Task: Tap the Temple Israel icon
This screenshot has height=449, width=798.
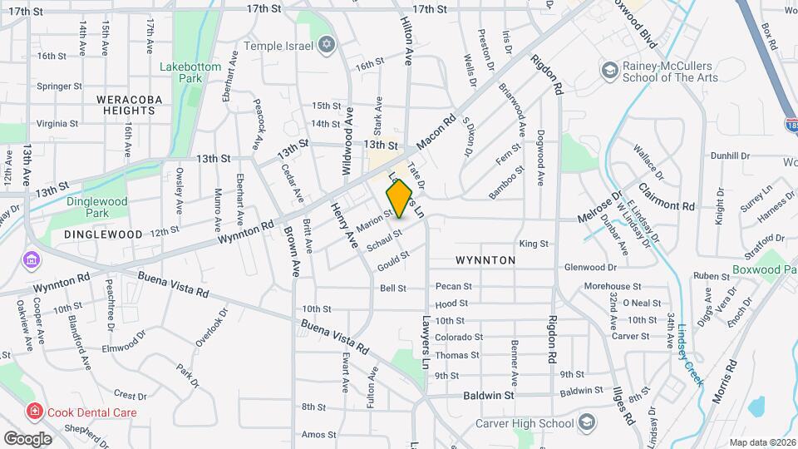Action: coord(326,43)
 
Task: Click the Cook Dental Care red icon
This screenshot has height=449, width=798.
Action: coord(34,411)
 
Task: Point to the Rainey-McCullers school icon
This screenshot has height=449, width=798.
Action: coord(610,70)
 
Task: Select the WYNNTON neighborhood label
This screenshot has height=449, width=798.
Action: coord(485,260)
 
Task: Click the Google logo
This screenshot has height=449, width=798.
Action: coord(27,438)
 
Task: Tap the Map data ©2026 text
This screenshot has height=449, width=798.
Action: coord(761,442)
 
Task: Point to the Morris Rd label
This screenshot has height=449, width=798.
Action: coord(725,379)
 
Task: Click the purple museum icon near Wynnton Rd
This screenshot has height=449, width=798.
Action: coord(32,260)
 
